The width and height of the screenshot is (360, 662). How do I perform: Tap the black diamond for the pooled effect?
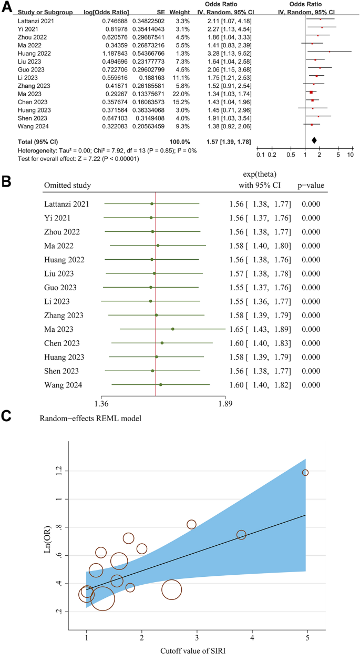coord(314,140)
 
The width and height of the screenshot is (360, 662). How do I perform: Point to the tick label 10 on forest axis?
coord(349,155)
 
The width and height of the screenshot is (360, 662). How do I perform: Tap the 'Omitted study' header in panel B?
coord(67,185)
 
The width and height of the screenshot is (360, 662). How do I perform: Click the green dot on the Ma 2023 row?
coord(172,329)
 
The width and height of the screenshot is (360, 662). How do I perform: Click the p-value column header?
coord(313,185)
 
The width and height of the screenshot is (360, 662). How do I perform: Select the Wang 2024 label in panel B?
coord(63,385)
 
